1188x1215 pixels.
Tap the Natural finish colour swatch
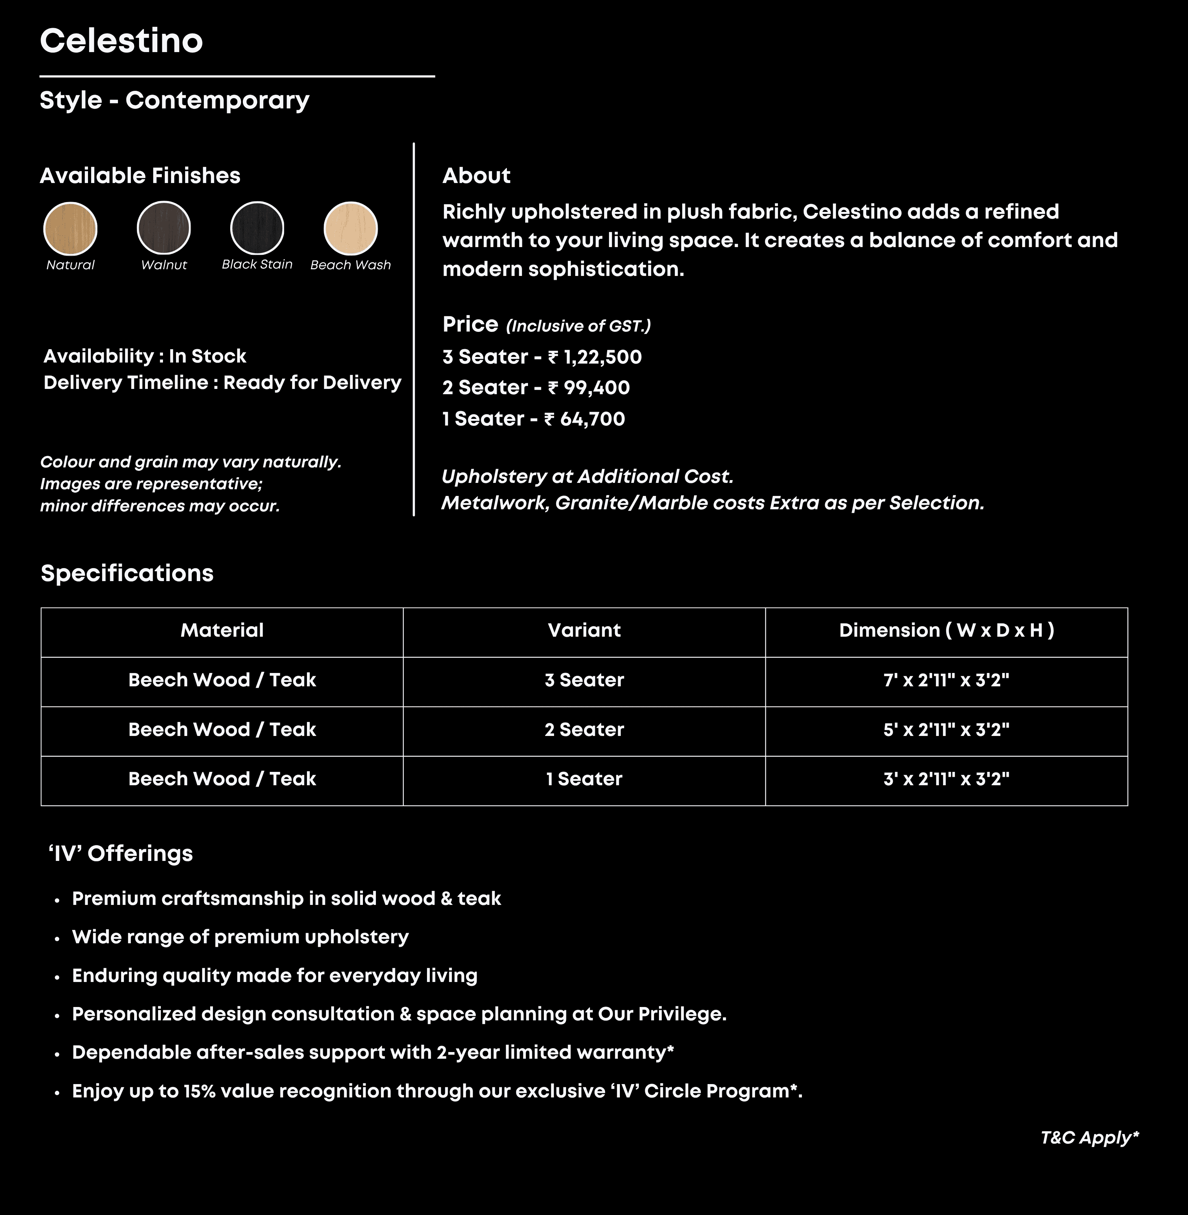click(70, 228)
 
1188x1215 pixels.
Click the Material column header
click(222, 630)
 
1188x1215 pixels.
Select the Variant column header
click(584, 630)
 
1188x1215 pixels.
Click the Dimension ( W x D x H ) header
click(946, 630)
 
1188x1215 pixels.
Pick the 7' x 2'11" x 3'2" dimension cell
click(946, 680)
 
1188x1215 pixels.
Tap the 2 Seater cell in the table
click(584, 730)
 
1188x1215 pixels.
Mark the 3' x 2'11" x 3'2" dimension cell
click(946, 779)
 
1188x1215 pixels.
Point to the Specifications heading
click(127, 573)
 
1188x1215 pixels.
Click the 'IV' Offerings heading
click(121, 853)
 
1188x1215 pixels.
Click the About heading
click(476, 176)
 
